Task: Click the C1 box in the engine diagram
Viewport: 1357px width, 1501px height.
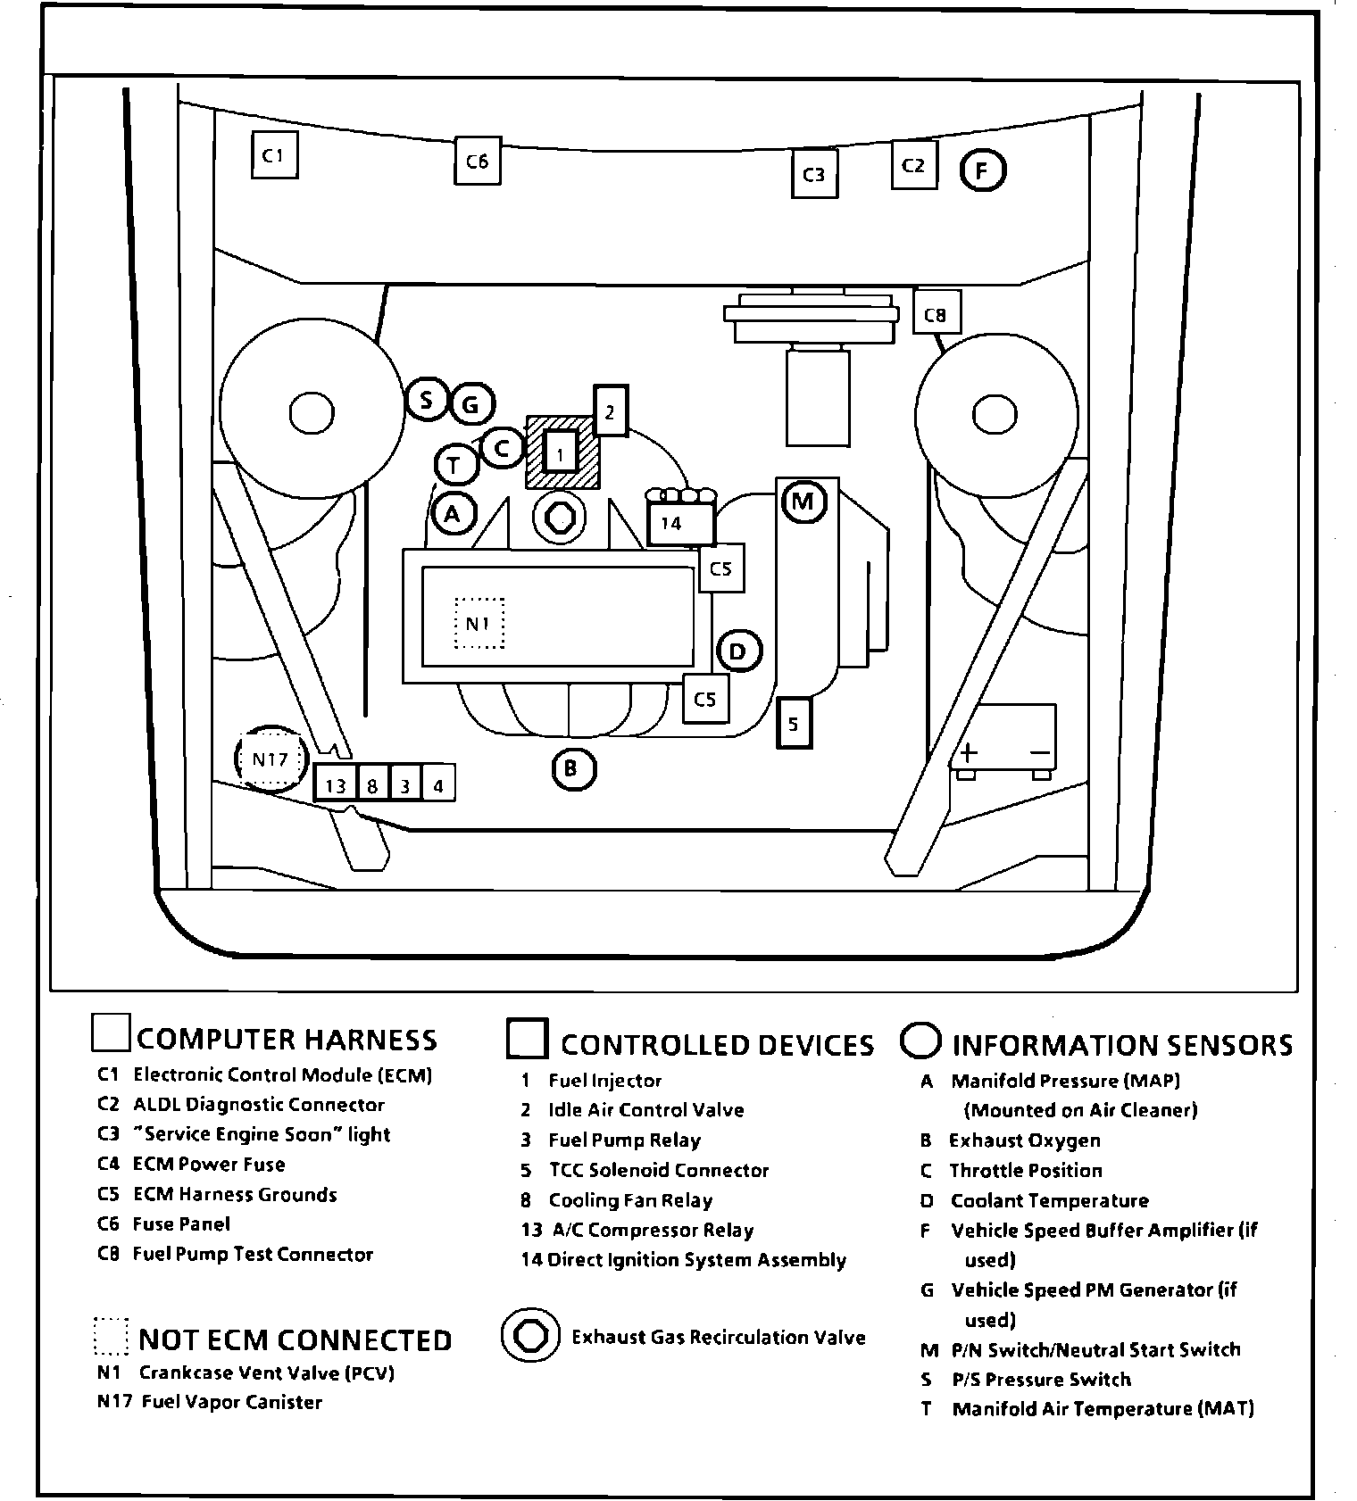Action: (x=273, y=155)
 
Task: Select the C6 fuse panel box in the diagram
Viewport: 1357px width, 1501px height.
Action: (x=478, y=161)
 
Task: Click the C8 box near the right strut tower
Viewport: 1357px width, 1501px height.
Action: (x=936, y=313)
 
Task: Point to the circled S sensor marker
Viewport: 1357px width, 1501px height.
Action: (x=427, y=399)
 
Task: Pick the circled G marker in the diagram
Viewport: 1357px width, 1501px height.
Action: (x=470, y=406)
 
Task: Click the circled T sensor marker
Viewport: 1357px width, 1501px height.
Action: (x=455, y=465)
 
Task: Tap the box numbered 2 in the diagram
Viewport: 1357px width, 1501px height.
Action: (x=611, y=410)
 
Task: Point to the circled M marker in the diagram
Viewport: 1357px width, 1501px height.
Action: (x=803, y=502)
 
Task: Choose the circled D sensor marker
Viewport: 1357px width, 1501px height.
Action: (x=738, y=651)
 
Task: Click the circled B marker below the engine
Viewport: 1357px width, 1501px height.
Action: (x=572, y=768)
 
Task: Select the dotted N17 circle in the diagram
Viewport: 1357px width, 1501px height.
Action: (x=269, y=759)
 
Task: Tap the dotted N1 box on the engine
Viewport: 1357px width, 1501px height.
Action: (x=479, y=623)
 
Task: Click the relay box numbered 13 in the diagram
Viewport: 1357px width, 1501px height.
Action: (x=336, y=785)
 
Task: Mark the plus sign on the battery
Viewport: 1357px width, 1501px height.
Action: (x=970, y=752)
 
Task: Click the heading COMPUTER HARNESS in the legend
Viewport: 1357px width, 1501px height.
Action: (x=287, y=1040)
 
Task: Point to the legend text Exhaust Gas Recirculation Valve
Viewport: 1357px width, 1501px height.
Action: (x=718, y=1337)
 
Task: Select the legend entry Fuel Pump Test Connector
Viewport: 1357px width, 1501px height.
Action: (x=253, y=1254)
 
